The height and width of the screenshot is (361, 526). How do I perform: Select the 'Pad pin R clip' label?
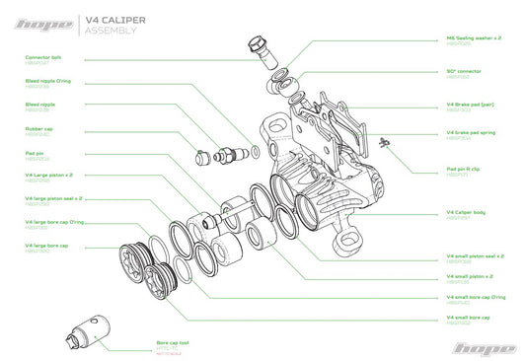coord(464,168)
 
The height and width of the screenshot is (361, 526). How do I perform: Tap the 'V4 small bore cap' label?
coord(470,317)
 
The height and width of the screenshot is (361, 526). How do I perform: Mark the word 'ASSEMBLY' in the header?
coord(111,31)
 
